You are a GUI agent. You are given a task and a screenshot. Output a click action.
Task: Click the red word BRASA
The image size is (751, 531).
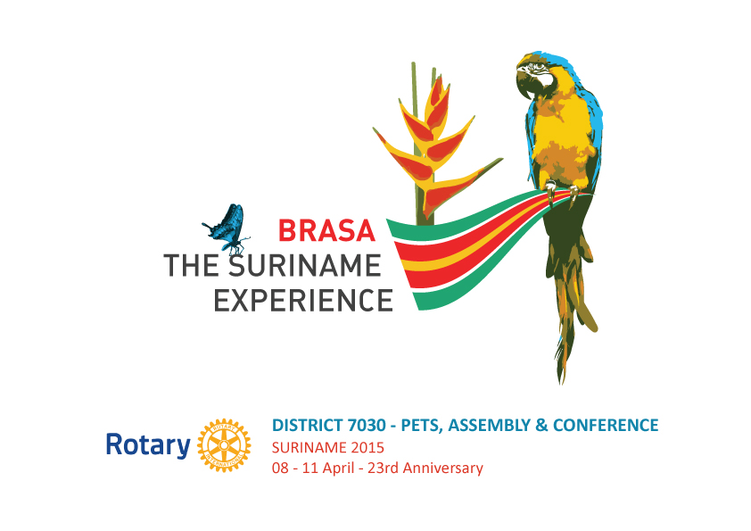pos(326,230)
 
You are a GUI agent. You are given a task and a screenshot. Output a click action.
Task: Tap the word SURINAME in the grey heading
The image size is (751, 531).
pos(305,266)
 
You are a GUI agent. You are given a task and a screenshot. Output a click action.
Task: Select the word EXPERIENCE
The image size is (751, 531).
pos(303,301)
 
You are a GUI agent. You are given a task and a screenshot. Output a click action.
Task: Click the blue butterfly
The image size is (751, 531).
pos(227,228)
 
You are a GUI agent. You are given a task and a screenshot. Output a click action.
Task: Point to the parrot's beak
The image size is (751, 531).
pos(524,82)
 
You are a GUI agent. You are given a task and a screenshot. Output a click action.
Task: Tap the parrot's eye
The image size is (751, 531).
pos(539,66)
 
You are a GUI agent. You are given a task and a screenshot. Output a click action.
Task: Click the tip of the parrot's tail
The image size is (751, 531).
pos(561,383)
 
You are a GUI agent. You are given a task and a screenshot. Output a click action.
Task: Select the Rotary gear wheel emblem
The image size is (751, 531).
pos(224,445)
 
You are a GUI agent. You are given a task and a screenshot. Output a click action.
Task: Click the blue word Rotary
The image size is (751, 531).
pos(148,445)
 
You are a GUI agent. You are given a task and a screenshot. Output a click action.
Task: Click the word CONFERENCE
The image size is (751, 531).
pos(606,425)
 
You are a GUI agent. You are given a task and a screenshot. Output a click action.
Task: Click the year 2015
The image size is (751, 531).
pos(367,448)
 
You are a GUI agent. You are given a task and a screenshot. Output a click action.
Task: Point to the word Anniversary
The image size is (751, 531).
pos(443,469)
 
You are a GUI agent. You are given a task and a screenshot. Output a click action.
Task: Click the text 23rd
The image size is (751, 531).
pos(384,468)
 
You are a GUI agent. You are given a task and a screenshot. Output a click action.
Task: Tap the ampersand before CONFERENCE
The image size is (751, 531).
pos(541,425)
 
